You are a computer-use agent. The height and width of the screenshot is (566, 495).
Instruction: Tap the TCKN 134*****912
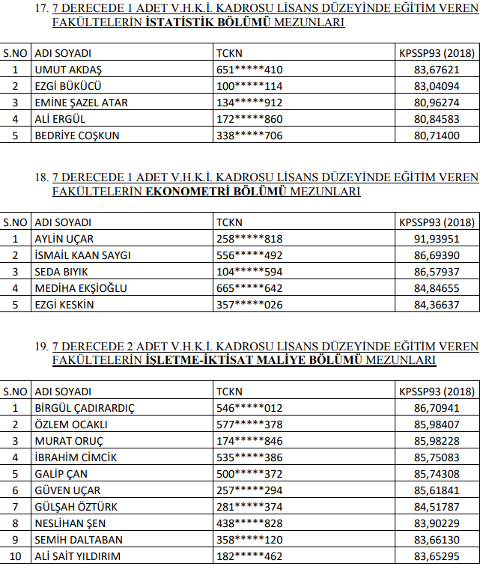[x=249, y=103]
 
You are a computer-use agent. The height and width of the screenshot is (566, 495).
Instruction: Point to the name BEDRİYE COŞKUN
[x=77, y=136]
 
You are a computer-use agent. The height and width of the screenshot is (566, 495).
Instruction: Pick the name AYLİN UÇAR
[x=64, y=239]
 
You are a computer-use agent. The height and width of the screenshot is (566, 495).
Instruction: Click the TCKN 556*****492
[x=249, y=255]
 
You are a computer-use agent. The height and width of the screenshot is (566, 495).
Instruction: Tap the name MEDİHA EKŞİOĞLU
[x=81, y=288]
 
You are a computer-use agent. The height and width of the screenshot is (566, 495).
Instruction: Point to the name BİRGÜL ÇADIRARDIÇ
[x=85, y=408]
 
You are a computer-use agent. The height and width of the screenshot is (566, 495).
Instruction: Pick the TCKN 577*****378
[x=249, y=424]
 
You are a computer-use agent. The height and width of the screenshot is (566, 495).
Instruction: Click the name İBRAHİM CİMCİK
[x=76, y=457]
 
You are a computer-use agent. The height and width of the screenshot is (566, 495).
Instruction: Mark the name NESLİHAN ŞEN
[x=71, y=523]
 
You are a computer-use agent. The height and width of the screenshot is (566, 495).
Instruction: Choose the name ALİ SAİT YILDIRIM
[x=79, y=556]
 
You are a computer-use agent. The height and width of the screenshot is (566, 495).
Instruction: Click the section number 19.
[x=42, y=347]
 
